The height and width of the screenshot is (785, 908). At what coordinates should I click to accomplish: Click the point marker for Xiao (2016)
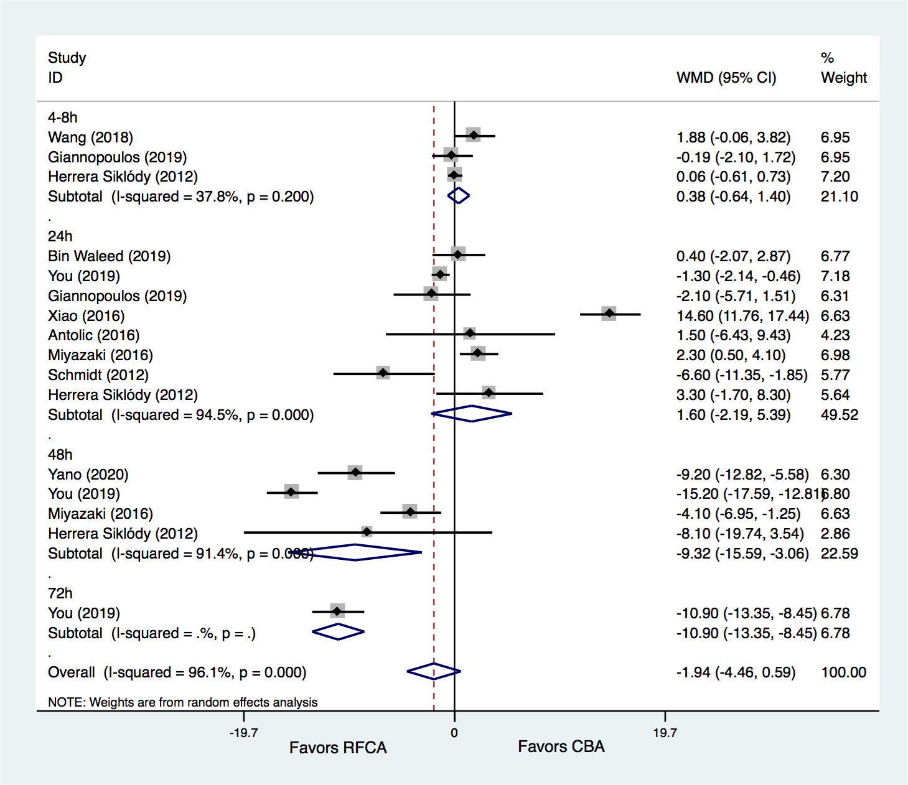[x=609, y=314]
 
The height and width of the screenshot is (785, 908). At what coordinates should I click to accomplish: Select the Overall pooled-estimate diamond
[x=434, y=671]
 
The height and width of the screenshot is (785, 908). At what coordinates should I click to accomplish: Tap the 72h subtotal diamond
[x=338, y=632]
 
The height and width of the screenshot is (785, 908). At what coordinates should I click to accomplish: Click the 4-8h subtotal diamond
[x=459, y=195]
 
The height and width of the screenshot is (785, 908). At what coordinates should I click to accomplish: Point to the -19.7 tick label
[x=243, y=733]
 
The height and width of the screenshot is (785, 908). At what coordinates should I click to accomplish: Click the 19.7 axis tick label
[x=665, y=733]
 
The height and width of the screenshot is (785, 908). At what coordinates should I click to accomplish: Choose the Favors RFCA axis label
[x=338, y=748]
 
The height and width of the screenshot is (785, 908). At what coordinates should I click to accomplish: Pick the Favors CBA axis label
[x=561, y=746]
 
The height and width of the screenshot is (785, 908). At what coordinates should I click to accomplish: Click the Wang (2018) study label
[x=90, y=137]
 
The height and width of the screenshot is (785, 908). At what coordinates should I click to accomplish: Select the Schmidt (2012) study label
[x=98, y=375]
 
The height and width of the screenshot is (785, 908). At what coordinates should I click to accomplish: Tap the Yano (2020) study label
[x=88, y=475]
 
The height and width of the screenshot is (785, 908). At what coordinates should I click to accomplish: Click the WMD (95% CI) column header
[x=726, y=78]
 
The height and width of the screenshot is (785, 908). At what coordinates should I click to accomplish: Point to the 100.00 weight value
[x=843, y=672]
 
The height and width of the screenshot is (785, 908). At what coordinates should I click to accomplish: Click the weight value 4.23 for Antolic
[x=835, y=335]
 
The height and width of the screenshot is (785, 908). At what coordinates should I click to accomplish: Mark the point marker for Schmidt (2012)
[x=383, y=373]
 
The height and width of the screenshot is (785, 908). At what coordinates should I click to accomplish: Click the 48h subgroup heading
[x=60, y=455]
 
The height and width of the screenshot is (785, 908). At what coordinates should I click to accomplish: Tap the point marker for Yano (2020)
[x=355, y=473]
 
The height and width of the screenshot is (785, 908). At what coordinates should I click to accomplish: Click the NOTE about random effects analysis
[x=182, y=702]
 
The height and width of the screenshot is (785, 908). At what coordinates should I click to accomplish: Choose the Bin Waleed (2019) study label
[x=109, y=256]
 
